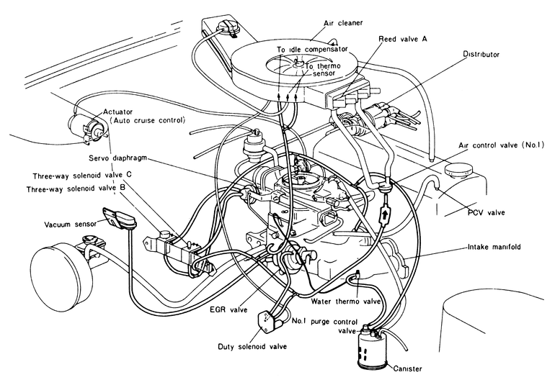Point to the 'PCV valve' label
pos(485,212)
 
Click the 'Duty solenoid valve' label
pos(252,345)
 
